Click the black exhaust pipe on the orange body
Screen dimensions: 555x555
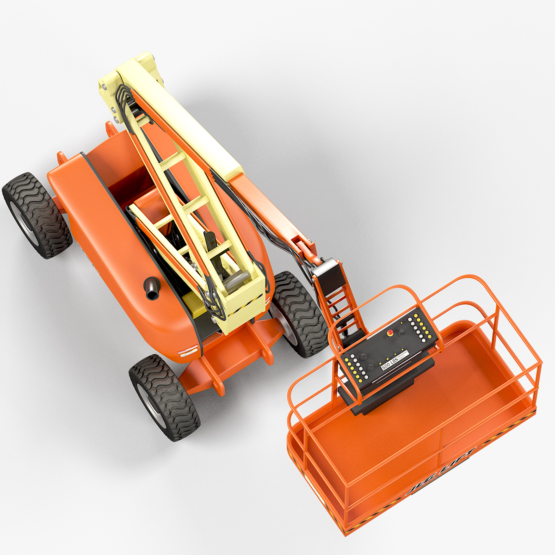coord(151,290)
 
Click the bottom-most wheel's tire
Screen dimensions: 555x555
coord(165,397)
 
